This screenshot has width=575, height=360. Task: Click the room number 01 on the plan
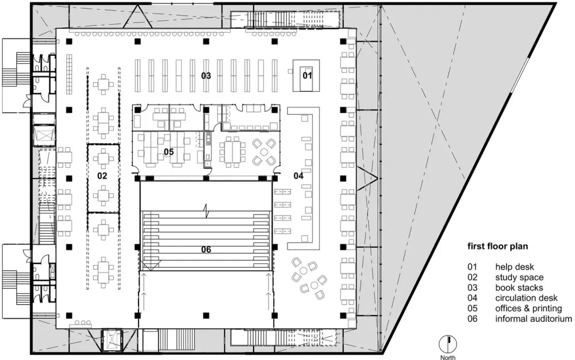coord(307,75)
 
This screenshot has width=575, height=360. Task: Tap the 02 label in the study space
coord(102,176)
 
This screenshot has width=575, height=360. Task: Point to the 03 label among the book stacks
coord(206,76)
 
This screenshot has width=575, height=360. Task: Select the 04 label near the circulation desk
coord(298,176)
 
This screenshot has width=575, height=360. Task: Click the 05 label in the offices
coord(168,152)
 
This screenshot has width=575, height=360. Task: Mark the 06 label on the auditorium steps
coord(206,250)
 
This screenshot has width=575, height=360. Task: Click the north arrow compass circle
coord(448,344)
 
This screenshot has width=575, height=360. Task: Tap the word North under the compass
coord(448,357)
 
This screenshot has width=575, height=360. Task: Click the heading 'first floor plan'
coord(497,246)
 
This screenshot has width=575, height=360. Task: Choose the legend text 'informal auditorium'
coord(534,319)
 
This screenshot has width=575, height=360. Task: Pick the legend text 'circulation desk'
coord(526,298)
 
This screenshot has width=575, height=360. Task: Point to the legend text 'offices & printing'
coord(528,308)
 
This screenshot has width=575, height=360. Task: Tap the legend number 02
coord(472,278)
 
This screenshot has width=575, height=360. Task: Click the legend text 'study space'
coord(519,278)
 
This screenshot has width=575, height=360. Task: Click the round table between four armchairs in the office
coord(264,152)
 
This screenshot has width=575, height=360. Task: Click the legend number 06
coord(472,319)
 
